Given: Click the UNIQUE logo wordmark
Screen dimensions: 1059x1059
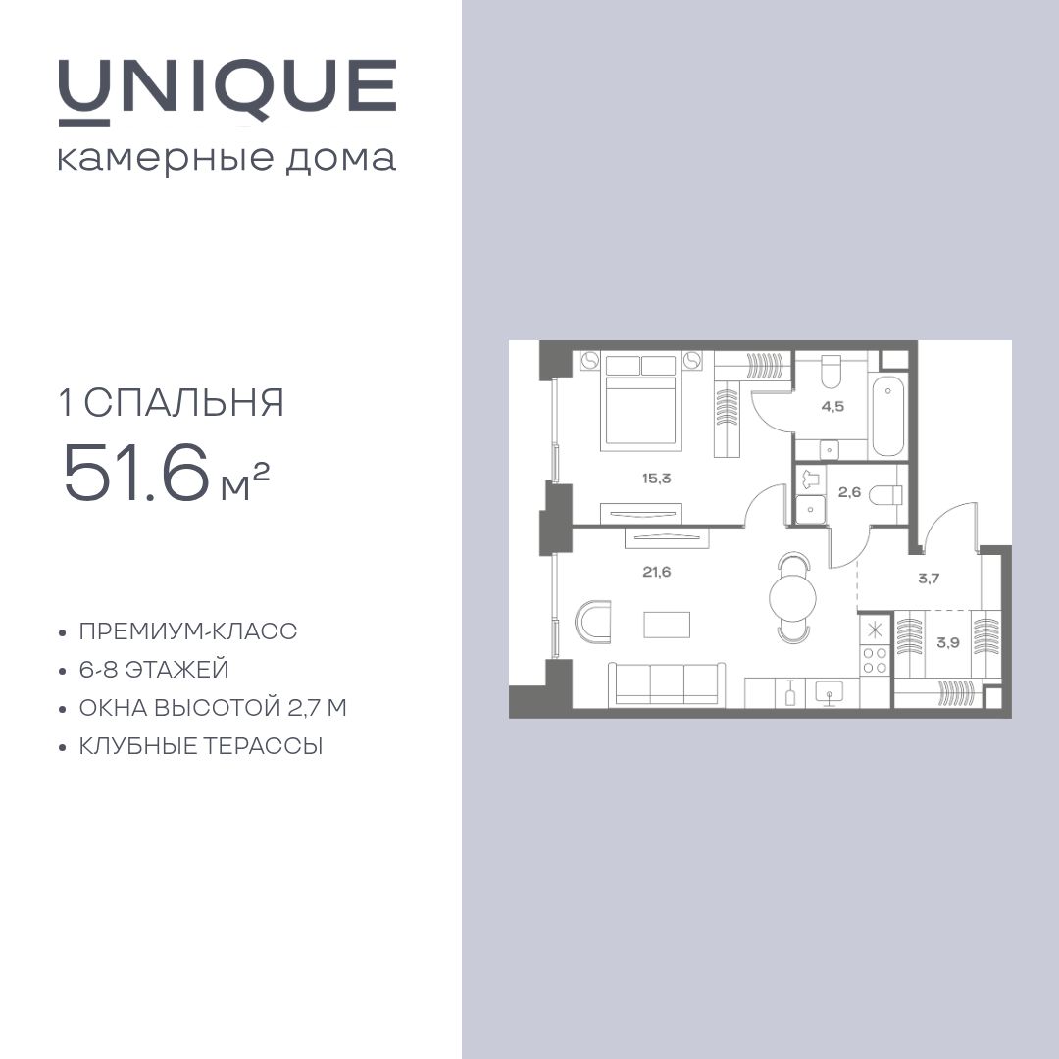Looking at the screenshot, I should [227, 88].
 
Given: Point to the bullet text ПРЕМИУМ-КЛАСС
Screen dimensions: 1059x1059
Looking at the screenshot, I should [188, 631].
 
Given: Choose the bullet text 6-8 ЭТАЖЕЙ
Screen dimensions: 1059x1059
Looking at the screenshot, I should [154, 670].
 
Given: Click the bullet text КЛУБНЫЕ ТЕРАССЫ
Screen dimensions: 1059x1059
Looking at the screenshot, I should [201, 746].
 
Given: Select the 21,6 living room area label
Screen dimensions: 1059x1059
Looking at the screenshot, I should [657, 572].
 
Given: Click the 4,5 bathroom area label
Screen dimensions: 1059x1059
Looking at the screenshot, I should [832, 406].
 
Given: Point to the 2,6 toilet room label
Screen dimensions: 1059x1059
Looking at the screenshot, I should [849, 492].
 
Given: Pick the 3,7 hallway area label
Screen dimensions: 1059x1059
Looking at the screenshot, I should [929, 579].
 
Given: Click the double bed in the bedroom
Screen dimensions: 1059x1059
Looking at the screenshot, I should [641, 402].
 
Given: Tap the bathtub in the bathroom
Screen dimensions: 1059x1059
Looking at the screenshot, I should [887, 415].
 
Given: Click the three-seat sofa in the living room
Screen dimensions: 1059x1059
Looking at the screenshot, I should [665, 682].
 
